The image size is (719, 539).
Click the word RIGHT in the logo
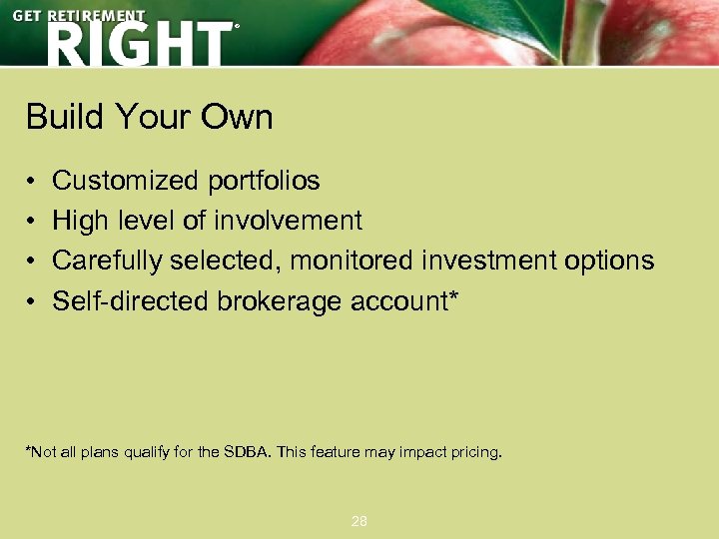click(138, 45)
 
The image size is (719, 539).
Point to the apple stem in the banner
click(587, 30)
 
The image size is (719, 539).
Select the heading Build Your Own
click(149, 118)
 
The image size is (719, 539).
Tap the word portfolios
click(264, 181)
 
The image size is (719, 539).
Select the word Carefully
click(108, 261)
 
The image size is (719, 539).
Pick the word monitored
click(354, 261)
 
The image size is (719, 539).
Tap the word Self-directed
click(131, 300)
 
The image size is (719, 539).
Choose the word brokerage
click(281, 300)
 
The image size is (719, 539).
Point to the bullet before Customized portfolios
click(32, 182)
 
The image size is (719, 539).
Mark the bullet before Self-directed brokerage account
click(32, 301)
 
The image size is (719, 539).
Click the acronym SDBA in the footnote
click(246, 452)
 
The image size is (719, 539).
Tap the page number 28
click(359, 521)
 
